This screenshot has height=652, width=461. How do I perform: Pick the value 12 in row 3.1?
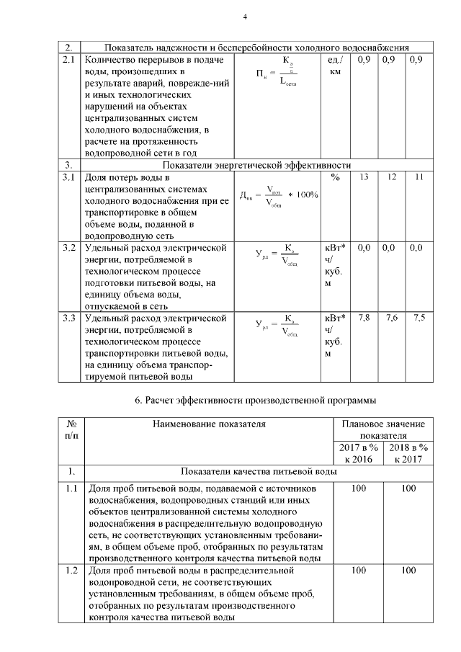coord(391,177)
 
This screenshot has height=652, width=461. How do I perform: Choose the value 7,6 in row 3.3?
coord(391,318)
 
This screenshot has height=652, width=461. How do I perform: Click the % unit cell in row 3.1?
coord(335,177)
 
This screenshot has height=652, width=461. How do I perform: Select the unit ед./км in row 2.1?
coord(336,65)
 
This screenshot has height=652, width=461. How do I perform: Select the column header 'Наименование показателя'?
coord(209,424)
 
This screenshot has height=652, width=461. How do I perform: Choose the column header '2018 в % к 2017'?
coord(408,453)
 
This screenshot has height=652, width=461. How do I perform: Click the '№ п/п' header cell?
coord(71,430)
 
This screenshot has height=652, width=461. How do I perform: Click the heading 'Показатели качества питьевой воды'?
coord(257,472)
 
